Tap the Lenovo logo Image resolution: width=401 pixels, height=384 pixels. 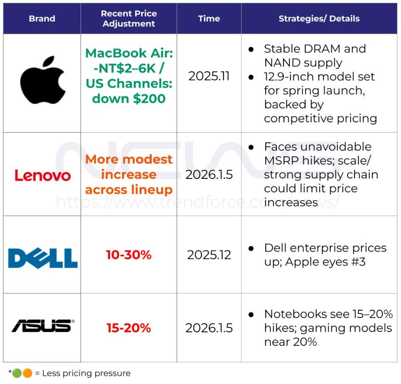[42, 175]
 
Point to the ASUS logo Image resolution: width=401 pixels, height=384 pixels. [43, 326]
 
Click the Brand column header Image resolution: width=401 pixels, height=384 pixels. [42, 19]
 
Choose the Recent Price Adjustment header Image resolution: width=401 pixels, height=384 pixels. [129, 19]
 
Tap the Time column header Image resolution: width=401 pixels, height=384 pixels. [209, 19]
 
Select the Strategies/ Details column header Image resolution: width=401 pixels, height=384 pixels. [319, 19]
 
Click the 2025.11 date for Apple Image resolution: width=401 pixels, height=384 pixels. [209, 76]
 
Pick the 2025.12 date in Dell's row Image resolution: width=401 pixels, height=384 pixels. [209, 255]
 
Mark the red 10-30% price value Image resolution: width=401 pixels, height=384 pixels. [129, 255]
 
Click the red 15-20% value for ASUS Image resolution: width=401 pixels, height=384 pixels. [129, 328]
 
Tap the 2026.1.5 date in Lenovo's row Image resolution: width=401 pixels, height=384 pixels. [209, 174]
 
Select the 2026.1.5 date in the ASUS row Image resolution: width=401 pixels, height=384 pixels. [209, 328]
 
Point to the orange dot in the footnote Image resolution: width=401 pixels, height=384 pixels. [27, 373]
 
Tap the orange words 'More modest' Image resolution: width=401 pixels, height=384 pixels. [129, 159]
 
